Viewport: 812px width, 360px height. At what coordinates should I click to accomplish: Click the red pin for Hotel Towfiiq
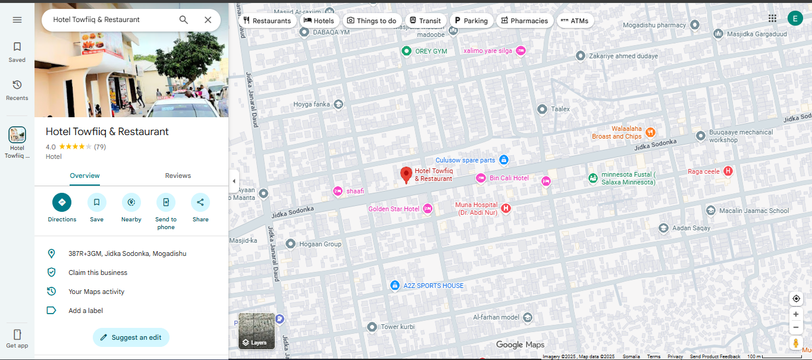[406, 174]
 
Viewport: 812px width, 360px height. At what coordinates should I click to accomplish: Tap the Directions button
[62, 202]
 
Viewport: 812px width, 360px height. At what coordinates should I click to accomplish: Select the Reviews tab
[178, 176]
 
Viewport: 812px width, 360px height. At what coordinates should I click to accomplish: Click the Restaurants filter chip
[267, 21]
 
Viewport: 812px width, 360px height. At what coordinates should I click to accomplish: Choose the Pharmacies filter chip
[523, 21]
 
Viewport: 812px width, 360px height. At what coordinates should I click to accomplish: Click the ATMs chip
[575, 21]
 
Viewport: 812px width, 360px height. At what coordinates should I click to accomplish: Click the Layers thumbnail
[256, 331]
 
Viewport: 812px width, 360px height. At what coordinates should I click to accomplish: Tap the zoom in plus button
[796, 314]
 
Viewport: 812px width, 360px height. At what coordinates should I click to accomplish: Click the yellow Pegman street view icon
[796, 343]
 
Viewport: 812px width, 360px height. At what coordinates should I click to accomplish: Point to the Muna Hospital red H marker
[506, 208]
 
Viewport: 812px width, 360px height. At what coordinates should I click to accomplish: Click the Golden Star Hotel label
[394, 209]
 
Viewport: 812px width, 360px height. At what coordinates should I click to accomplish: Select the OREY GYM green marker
[407, 51]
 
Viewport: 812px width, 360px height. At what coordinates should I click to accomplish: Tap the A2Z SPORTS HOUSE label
[433, 286]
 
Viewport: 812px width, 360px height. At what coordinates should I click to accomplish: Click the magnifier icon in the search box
[184, 20]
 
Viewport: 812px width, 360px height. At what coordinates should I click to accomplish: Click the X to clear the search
[208, 20]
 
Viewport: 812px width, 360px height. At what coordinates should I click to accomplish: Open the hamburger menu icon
[17, 20]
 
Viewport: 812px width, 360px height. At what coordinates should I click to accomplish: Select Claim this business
[98, 273]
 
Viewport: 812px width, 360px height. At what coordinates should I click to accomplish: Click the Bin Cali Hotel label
[509, 178]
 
